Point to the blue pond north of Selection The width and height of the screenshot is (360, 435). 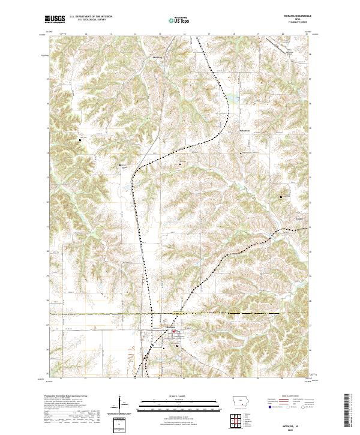coord(230,96)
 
